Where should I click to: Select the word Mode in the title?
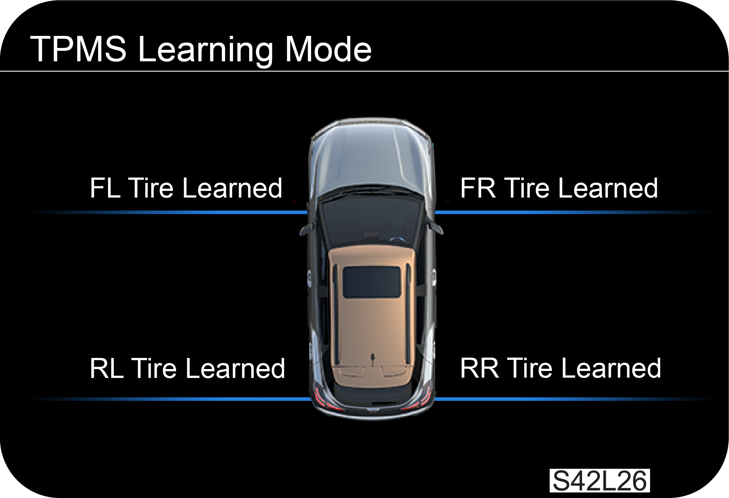click(x=328, y=49)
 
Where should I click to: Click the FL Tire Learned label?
click(x=186, y=188)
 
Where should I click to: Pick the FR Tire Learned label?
click(x=559, y=188)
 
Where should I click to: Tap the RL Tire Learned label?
click(x=187, y=368)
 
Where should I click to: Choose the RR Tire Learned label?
click(x=560, y=368)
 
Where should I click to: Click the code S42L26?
click(x=600, y=481)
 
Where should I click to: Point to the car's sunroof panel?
click(x=372, y=282)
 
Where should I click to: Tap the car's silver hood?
click(x=371, y=159)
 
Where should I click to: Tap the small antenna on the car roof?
click(x=373, y=357)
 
